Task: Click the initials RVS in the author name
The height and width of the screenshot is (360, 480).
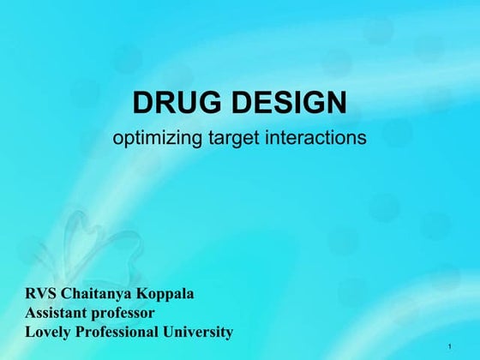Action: pyautogui.click(x=41, y=294)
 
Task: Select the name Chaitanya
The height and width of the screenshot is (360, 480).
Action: pyautogui.click(x=99, y=294)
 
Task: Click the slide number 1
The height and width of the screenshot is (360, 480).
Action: pyautogui.click(x=450, y=345)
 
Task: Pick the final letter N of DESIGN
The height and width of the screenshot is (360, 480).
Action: pyautogui.click(x=336, y=104)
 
